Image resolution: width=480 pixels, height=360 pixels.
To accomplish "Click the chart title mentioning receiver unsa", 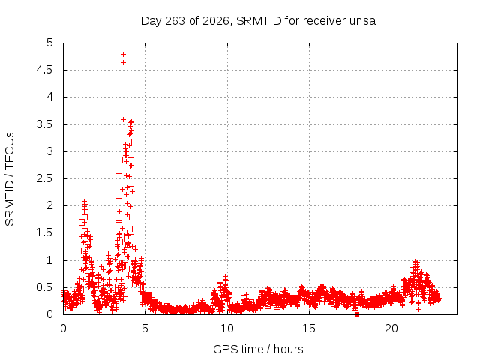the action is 258,21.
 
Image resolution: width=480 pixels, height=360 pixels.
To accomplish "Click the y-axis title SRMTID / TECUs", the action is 10,179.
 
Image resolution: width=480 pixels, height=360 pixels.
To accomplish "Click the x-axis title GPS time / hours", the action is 258,349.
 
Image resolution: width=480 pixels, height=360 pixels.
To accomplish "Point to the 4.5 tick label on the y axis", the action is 45,70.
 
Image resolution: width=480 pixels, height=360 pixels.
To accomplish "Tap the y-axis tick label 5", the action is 50,43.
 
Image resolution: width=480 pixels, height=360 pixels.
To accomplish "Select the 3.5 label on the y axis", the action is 45,124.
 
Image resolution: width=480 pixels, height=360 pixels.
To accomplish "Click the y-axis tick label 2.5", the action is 45,178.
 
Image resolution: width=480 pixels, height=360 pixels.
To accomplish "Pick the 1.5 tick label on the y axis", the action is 45,232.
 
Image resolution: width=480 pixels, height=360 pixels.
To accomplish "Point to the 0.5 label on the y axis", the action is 45,287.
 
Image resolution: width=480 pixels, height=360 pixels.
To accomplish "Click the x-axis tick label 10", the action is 227,328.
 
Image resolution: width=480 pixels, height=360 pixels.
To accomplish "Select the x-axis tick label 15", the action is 309,328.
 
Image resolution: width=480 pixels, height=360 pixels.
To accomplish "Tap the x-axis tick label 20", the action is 391,328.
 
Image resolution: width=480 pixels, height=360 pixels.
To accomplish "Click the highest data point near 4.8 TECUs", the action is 123,55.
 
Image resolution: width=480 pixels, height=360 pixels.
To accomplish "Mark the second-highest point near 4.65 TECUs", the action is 123,63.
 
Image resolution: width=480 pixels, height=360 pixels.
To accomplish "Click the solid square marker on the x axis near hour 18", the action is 357,315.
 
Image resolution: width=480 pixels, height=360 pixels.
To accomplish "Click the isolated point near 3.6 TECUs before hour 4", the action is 123,119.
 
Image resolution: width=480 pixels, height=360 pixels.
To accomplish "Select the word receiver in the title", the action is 322,21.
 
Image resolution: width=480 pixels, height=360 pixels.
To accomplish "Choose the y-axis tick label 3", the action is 50,151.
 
